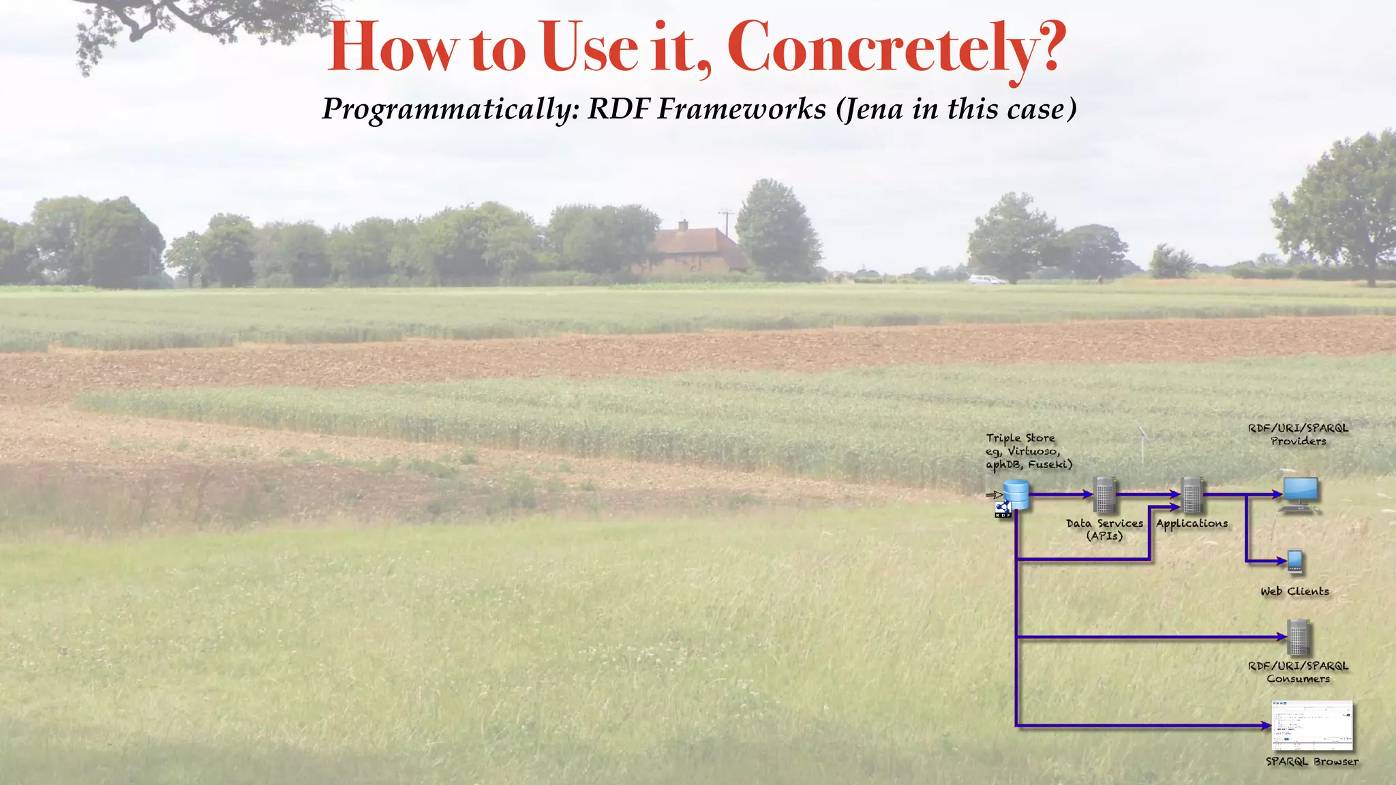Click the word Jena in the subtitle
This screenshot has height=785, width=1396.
click(875, 109)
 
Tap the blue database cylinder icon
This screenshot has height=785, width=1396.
click(1016, 493)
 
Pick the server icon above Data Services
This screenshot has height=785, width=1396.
click(1104, 495)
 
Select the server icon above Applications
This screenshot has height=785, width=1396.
click(1192, 495)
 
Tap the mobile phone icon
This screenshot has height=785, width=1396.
click(1295, 561)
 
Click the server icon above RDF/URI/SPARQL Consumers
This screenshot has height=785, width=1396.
click(1299, 637)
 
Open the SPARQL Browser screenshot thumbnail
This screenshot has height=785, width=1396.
click(1312, 726)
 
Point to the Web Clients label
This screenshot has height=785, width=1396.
click(1294, 591)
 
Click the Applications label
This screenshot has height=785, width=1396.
click(1192, 523)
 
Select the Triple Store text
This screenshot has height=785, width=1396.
click(1020, 438)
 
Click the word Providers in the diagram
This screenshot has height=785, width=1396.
click(1299, 442)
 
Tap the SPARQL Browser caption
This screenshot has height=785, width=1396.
click(1312, 762)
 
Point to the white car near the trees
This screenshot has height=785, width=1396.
click(986, 279)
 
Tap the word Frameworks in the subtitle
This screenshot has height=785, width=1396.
click(742, 109)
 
